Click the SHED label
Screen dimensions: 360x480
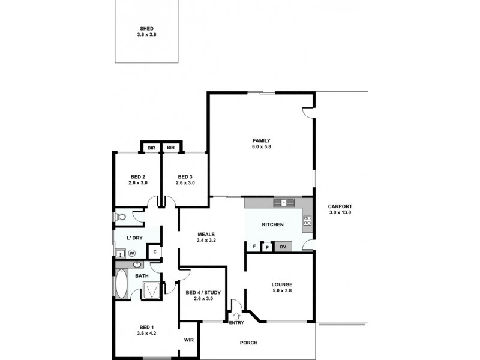click(146, 28)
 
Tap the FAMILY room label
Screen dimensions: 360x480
click(262, 140)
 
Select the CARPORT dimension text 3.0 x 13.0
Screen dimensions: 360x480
click(340, 212)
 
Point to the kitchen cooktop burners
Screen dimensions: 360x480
click(307, 220)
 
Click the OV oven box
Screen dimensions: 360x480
click(283, 247)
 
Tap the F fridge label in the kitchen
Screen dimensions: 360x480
click(254, 247)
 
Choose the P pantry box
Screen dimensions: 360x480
click(268, 247)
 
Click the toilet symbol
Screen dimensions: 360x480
click(119, 217)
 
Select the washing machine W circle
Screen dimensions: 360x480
click(131, 253)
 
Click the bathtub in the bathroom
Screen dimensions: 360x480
click(121, 284)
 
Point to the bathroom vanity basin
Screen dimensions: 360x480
click(137, 264)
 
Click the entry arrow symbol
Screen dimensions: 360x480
click(236, 316)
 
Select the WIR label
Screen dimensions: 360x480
click(189, 340)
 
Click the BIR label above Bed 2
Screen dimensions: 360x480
click(151, 148)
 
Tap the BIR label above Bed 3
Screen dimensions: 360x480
click(170, 148)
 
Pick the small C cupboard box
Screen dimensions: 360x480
click(154, 252)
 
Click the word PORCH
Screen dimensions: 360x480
click(248, 343)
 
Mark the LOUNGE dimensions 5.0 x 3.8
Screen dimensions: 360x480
click(281, 291)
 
